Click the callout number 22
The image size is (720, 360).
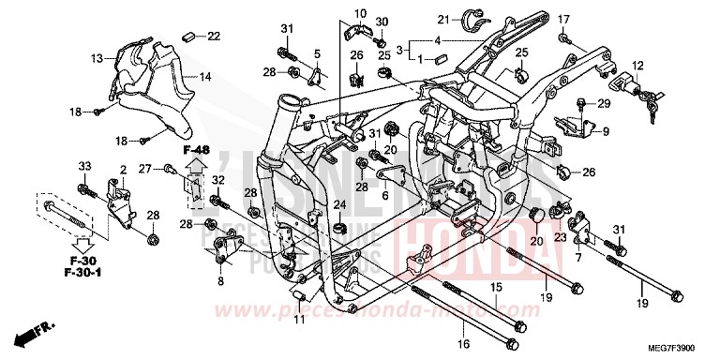(213, 37)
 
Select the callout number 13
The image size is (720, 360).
(97, 59)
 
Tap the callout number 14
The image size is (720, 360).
(205, 77)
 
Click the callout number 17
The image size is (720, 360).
(564, 19)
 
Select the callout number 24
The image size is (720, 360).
(339, 204)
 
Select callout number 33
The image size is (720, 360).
(83, 167)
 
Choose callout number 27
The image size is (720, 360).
(172, 168)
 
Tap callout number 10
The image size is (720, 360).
(358, 13)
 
